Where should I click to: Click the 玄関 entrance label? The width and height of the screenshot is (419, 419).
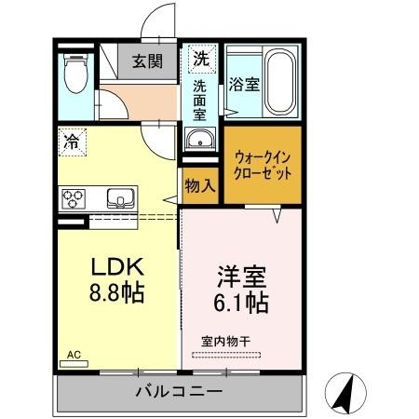pos(147,62)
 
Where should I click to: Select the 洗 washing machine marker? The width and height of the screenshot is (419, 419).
pos(199,58)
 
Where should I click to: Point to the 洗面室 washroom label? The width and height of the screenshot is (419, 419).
pos(199,101)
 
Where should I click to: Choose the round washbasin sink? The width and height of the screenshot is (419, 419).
pos(197,141)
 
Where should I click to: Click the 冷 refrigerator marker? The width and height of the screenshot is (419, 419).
pos(71,142)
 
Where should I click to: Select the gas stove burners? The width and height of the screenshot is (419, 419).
pos(74,198)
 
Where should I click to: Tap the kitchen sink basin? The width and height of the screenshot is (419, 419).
pos(120,197)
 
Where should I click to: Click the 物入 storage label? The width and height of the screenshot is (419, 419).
pos(200,184)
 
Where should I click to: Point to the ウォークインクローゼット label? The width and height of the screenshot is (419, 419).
pos(264,165)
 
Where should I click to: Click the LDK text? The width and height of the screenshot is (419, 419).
pos(115,267)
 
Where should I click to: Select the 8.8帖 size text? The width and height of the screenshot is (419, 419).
pos(115,292)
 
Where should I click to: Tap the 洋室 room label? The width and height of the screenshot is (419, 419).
pos(242,276)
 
